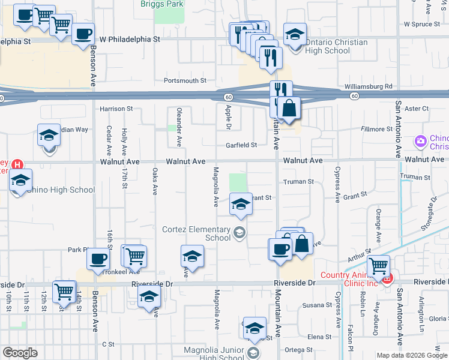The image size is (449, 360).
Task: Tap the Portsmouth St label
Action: click(x=185, y=80)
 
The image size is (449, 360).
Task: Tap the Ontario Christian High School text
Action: click(x=328, y=47)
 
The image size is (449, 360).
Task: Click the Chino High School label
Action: click(x=60, y=190)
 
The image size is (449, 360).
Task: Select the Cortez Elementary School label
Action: click(x=196, y=233)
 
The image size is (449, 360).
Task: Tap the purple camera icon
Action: click(x=420, y=142)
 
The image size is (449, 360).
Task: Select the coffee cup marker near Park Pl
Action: click(x=98, y=259)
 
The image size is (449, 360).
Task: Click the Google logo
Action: click(x=20, y=353)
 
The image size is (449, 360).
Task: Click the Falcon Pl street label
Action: click(x=351, y=340)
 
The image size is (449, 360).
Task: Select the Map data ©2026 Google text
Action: click(x=411, y=355)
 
